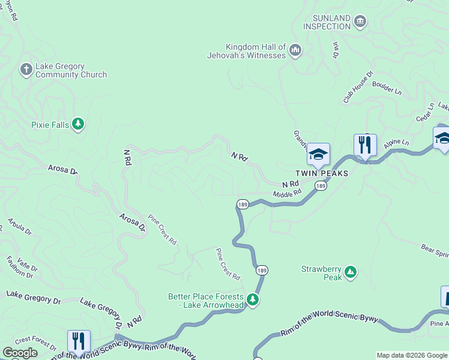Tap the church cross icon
[x=26, y=70]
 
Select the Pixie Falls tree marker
[x=77, y=124]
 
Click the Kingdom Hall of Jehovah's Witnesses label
[x=255, y=51]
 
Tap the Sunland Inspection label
[x=327, y=22]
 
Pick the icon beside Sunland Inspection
[x=360, y=22]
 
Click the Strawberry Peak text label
[x=321, y=273]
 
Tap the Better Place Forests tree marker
[x=253, y=299]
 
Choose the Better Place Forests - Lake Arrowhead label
[x=206, y=301]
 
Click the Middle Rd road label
[x=287, y=194]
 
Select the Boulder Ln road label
[x=387, y=87]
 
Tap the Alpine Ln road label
[x=396, y=143]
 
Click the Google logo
[x=20, y=353]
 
